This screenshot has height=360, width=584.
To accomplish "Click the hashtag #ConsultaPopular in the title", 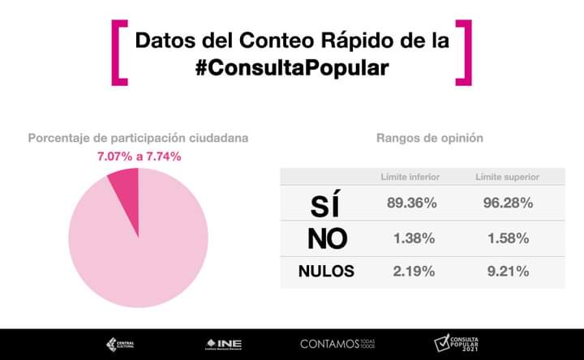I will point(292,68).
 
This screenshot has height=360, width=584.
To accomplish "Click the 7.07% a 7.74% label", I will point(138,156).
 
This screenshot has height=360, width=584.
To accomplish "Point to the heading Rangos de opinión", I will point(429,138).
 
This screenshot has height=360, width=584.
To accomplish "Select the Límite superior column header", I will point(508,177).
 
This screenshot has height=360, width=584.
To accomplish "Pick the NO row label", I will point(328,238).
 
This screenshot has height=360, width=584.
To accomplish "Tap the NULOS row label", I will point(327,272).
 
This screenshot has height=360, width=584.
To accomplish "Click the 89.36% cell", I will point(412,204).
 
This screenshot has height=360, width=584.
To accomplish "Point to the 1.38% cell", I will point(413,238).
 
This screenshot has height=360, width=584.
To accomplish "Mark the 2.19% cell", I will point(413,272).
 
